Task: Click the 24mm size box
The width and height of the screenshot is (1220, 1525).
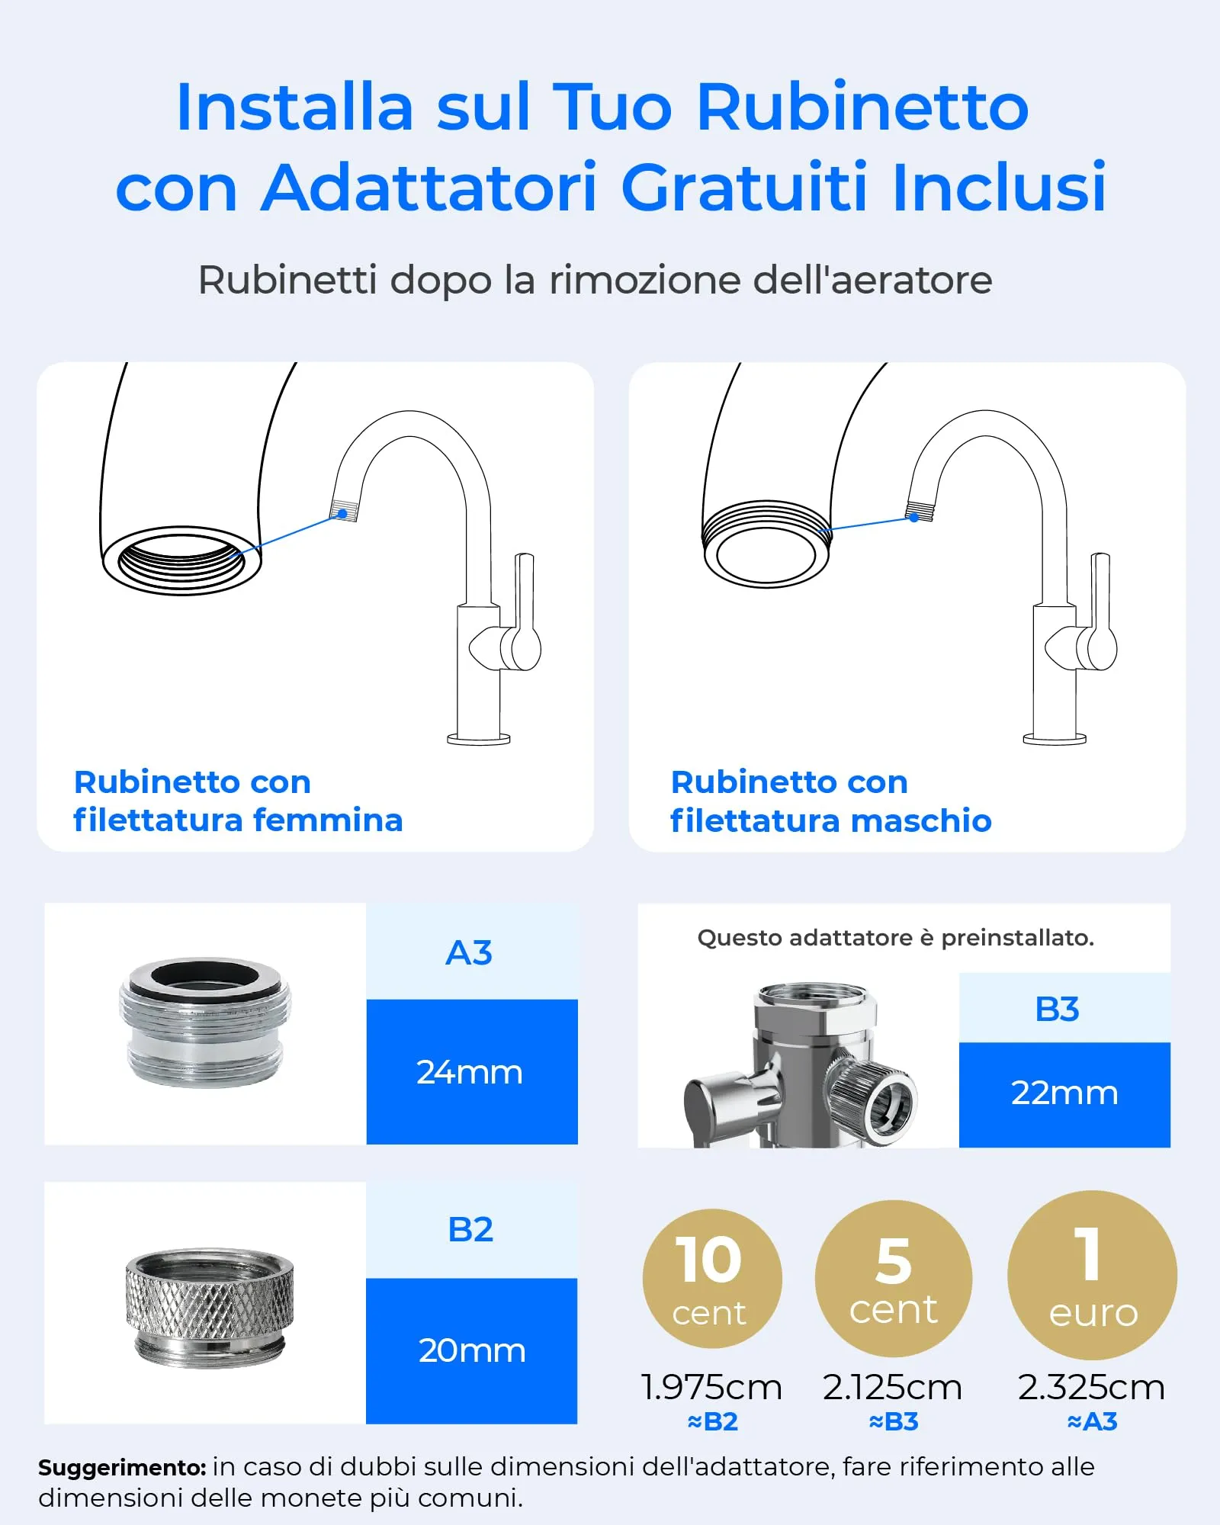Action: pos(471,1071)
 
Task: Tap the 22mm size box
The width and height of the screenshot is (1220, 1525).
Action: pos(1064,1093)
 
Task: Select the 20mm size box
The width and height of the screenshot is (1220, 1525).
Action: pos(471,1350)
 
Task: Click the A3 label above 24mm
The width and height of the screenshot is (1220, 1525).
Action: pos(470,952)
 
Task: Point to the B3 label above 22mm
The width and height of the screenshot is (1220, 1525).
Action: pos(1058,1009)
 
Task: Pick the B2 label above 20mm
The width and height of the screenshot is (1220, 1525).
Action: pos(470,1229)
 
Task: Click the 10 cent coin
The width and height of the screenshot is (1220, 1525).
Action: pos(712,1278)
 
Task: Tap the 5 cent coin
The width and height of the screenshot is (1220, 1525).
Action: pos(893,1278)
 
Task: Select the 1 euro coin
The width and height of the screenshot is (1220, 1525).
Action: pos(1092,1275)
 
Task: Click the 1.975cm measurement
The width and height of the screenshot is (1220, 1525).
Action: pos(711,1387)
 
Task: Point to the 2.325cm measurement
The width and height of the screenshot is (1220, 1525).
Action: pos(1091,1387)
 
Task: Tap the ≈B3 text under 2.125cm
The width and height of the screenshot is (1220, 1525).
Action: pos(894,1421)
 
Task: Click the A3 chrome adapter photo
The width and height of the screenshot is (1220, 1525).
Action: pos(205,1022)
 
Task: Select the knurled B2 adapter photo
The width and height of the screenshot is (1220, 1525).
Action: pos(209,1306)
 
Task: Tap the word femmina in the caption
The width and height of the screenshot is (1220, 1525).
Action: pos(328,820)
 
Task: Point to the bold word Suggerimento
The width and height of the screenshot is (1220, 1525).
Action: pos(122,1467)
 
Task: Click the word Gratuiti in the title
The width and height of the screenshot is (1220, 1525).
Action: pos(744,188)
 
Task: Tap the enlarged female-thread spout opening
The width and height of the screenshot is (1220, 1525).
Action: pos(181,560)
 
